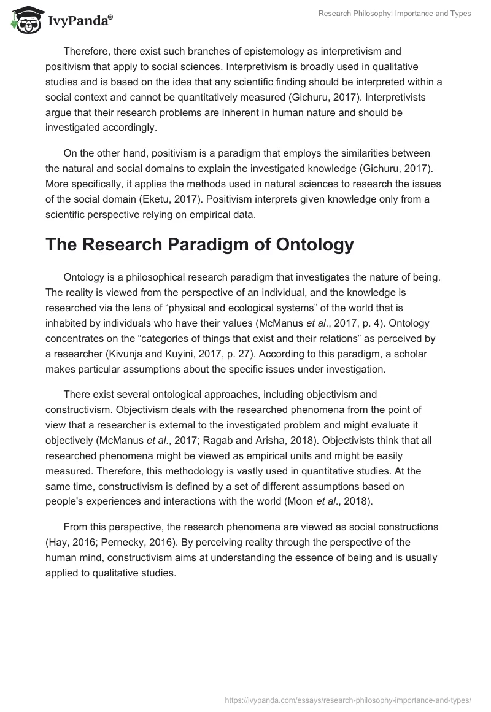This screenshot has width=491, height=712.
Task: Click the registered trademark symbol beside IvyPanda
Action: (x=110, y=17)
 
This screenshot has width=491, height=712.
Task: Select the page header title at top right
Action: (x=395, y=14)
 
